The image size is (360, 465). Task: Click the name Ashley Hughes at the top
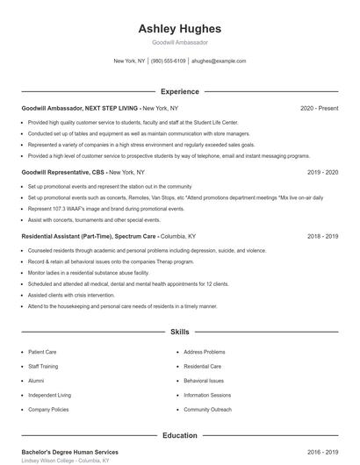[x=179, y=28]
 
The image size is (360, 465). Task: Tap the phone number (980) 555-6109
[x=169, y=61]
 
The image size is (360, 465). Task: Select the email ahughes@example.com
[x=219, y=61]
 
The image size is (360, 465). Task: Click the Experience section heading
[x=179, y=91]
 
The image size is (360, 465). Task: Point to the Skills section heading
[x=179, y=333]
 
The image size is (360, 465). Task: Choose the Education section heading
[x=179, y=435]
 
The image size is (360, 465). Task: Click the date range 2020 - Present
[x=319, y=108]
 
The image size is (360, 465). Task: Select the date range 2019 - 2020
[x=322, y=172]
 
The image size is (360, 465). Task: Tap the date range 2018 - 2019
[x=322, y=236]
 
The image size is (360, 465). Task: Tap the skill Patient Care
[x=42, y=352]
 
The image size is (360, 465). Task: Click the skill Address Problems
[x=205, y=352]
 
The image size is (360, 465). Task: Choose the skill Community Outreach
[x=207, y=410]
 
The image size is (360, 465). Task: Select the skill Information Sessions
[x=207, y=395]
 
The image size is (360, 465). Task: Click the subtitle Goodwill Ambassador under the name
[x=179, y=42]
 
